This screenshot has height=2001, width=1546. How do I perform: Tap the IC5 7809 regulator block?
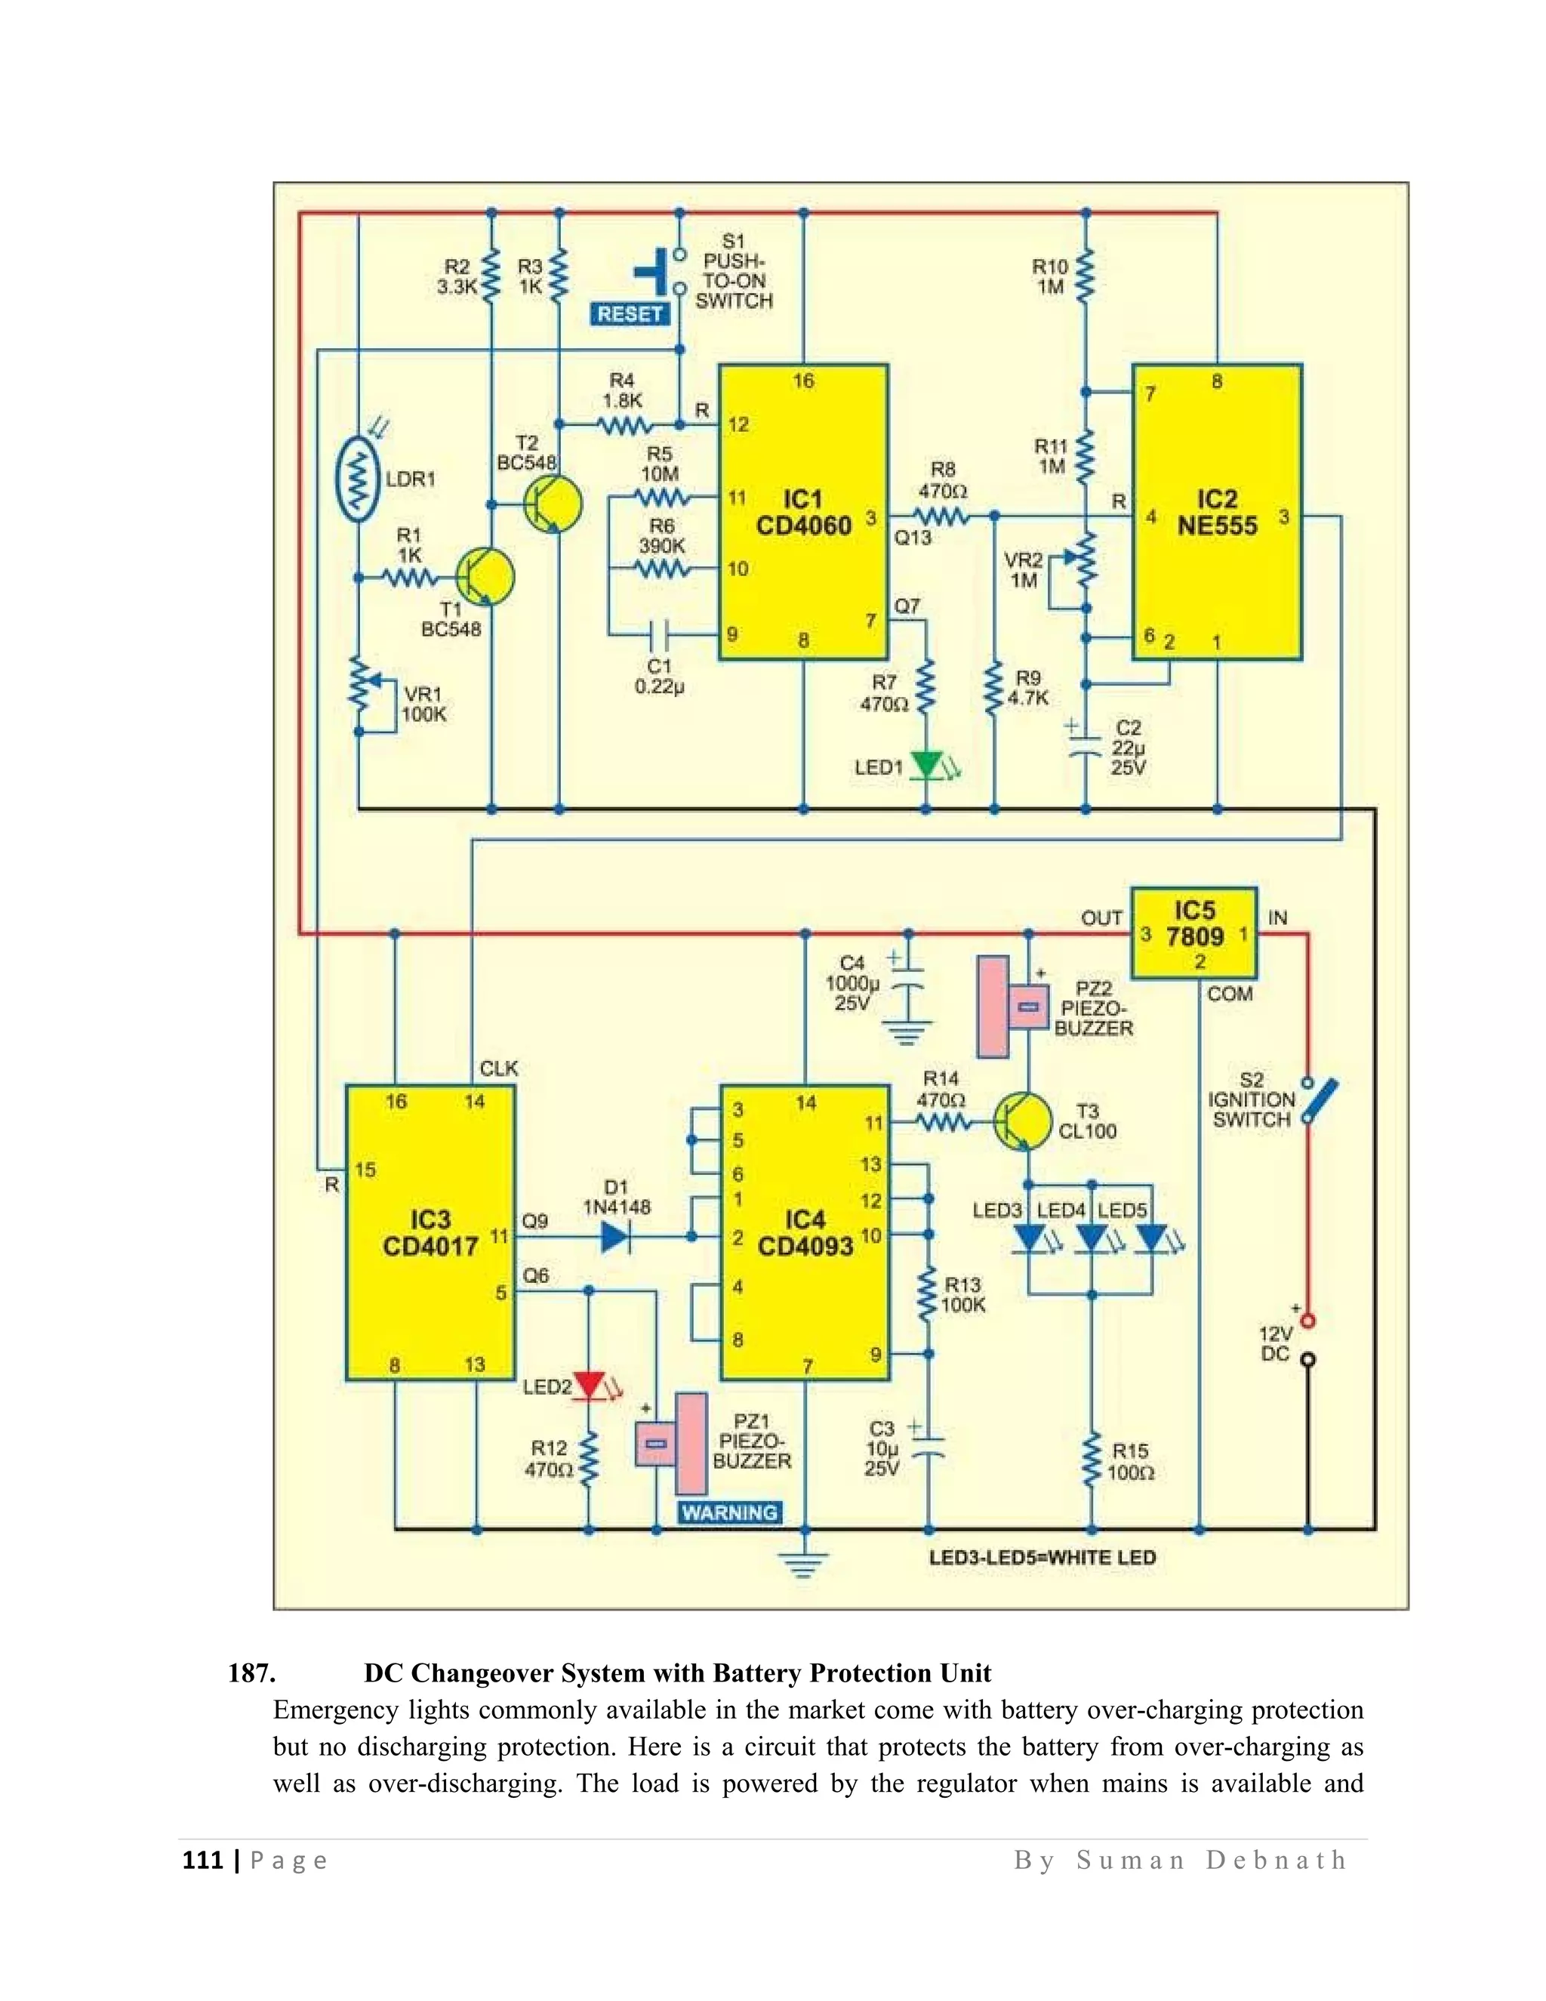(1193, 933)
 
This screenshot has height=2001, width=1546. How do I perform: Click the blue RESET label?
(630, 314)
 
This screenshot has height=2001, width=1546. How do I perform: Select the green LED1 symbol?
(927, 765)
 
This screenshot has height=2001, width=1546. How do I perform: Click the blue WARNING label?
(729, 1512)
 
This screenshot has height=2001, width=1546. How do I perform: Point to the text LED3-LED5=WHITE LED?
(1041, 1558)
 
